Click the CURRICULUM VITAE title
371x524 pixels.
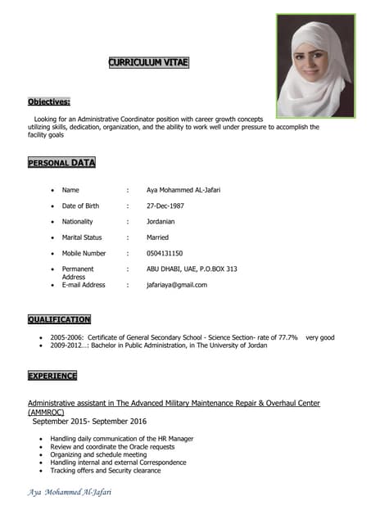[149, 62]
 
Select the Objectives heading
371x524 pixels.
[49, 102]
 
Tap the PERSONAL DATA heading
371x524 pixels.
[61, 163]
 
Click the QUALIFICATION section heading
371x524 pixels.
[59, 319]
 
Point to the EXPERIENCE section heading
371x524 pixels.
[52, 376]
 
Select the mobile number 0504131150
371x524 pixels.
[165, 253]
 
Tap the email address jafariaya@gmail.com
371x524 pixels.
[177, 285]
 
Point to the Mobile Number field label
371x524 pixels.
[84, 253]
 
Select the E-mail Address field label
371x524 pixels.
[84, 285]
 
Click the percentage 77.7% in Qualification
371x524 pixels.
[283, 337]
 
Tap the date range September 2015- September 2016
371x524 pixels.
[88, 422]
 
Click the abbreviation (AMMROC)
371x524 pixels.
[46, 412]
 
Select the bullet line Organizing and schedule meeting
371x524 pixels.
[104, 454]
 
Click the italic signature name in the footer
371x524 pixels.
[70, 492]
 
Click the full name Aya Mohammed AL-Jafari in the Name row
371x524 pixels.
[183, 190]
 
